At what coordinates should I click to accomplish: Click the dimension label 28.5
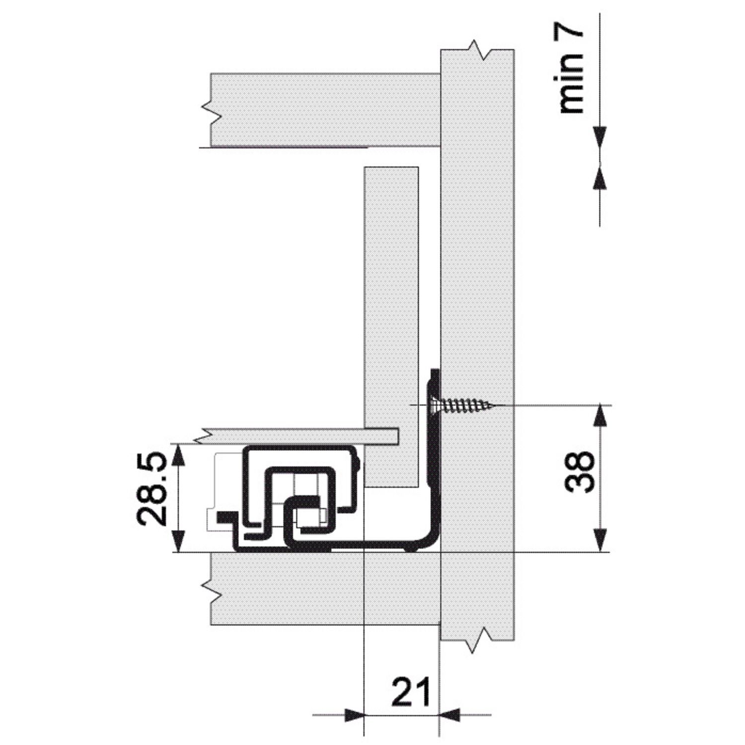pyautogui.click(x=151, y=489)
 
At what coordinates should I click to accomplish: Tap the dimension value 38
pyautogui.click(x=579, y=471)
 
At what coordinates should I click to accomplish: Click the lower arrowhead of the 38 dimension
pyautogui.click(x=600, y=540)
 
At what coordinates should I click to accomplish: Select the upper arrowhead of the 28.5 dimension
pyautogui.click(x=178, y=455)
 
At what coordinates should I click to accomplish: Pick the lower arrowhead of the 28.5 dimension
pyautogui.click(x=178, y=540)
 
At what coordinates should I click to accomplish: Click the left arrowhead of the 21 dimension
pyautogui.click(x=353, y=715)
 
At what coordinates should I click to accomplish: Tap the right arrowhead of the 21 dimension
pyautogui.click(x=450, y=715)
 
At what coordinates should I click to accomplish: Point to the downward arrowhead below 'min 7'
pyautogui.click(x=600, y=138)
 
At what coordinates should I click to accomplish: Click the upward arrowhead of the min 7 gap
pyautogui.click(x=600, y=178)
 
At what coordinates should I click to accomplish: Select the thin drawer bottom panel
pyautogui.click(x=300, y=436)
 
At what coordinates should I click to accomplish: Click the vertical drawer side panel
pyautogui.click(x=391, y=327)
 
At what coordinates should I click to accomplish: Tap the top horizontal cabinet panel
pyautogui.click(x=325, y=110)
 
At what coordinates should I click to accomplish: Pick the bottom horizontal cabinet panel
pyautogui.click(x=325, y=589)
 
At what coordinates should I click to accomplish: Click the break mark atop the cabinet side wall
pyautogui.click(x=477, y=50)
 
